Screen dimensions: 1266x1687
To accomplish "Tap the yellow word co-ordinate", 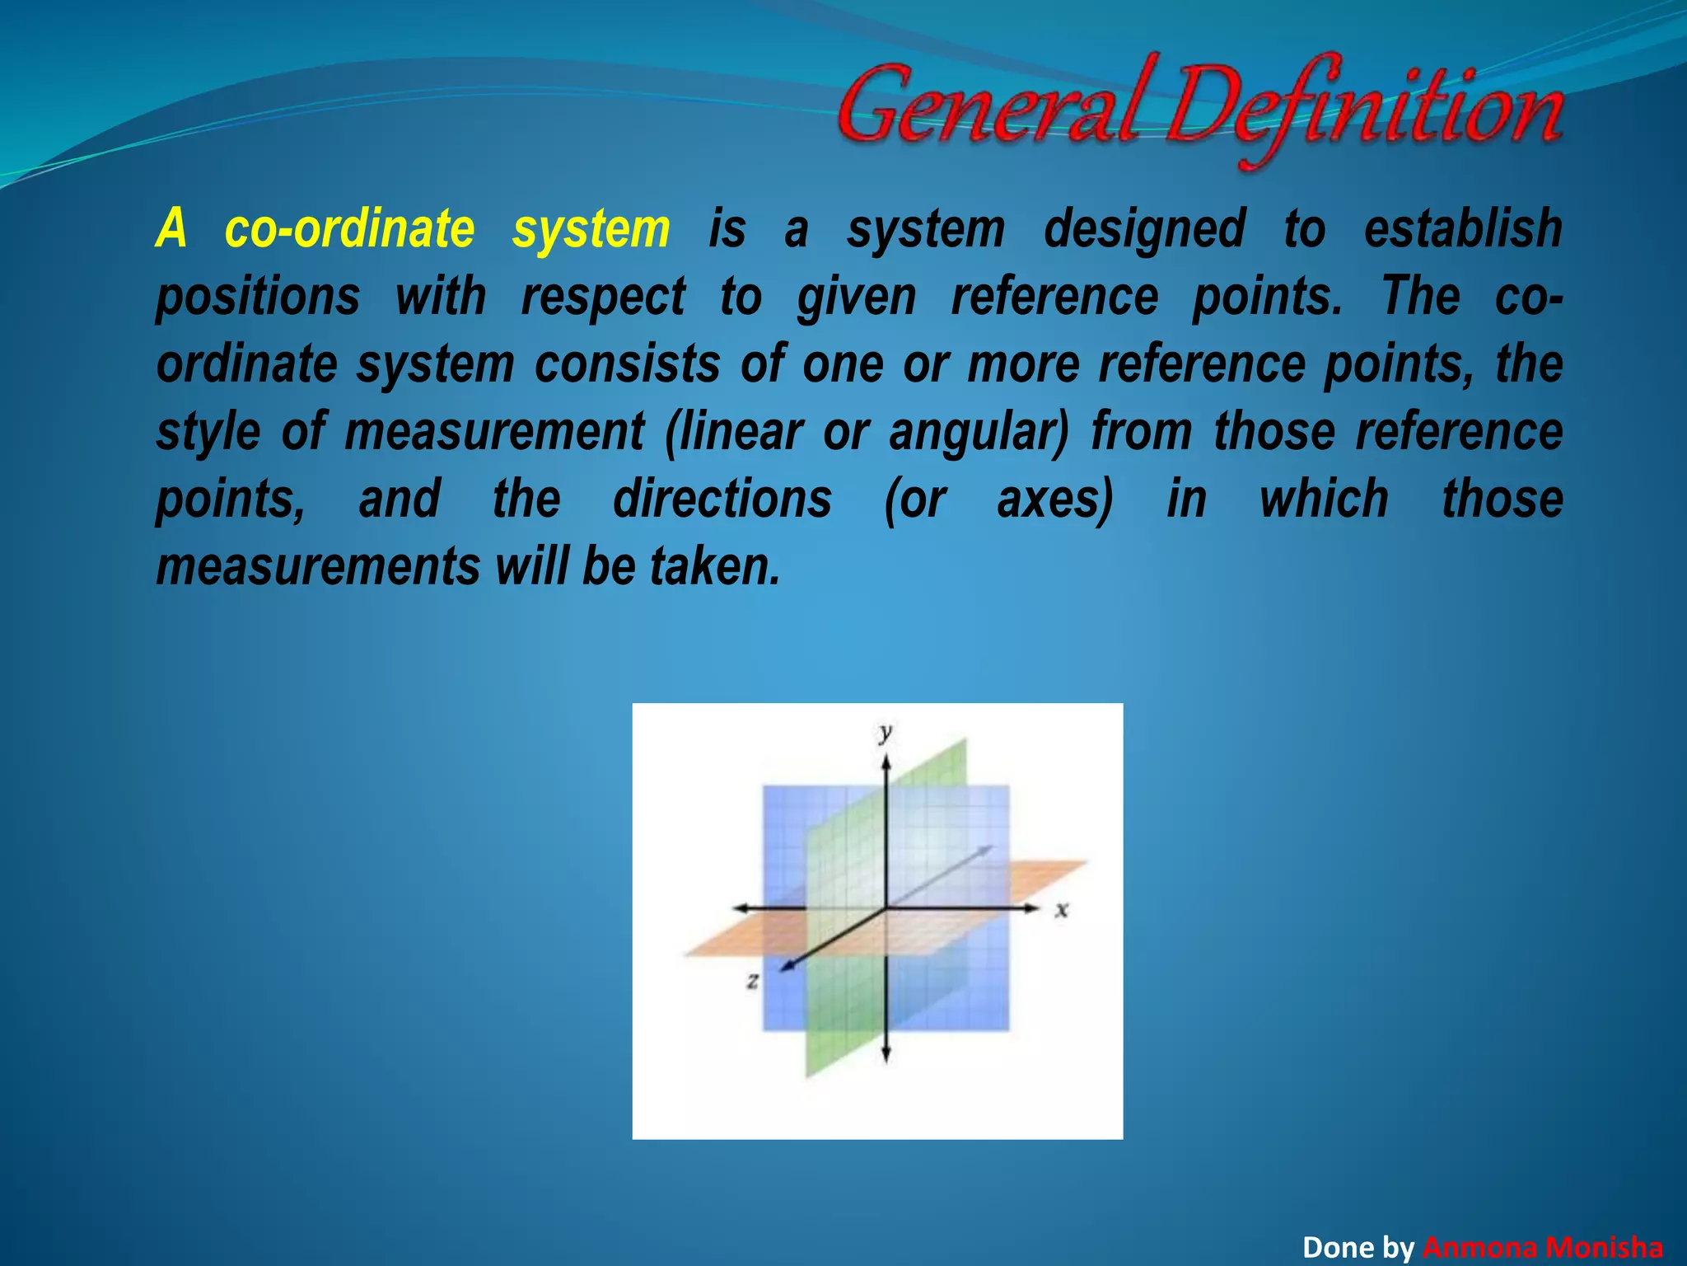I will click(350, 229).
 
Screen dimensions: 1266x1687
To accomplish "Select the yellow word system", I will click(591, 229).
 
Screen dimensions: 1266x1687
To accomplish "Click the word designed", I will click(1144, 229).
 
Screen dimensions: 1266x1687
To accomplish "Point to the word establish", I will click(1462, 229).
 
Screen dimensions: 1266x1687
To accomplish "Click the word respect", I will click(602, 297).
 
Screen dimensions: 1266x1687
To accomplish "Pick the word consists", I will click(627, 364).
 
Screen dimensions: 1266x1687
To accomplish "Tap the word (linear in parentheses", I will click(733, 432).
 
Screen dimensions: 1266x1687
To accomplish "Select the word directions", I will click(722, 499).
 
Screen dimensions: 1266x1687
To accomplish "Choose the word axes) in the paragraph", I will click(1055, 499).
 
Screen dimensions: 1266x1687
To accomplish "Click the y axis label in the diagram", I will click(886, 732).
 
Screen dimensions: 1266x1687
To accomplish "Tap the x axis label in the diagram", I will click(1062, 910).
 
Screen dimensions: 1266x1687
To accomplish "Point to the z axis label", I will click(752, 981).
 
